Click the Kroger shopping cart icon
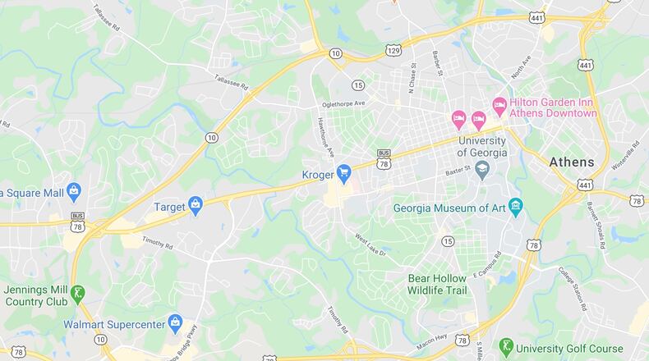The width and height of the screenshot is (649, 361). [x=345, y=173]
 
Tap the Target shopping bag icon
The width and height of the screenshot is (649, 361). [x=195, y=205]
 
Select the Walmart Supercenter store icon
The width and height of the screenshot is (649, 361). [x=174, y=322]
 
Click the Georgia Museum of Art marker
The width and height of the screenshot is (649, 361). [x=516, y=205]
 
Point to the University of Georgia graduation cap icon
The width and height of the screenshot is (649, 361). [x=482, y=169]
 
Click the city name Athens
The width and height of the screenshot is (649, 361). [x=571, y=162]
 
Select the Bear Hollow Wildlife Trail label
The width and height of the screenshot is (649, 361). [x=448, y=284]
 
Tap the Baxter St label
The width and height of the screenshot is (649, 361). [x=457, y=171]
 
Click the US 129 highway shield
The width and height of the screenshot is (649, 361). [x=394, y=51]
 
